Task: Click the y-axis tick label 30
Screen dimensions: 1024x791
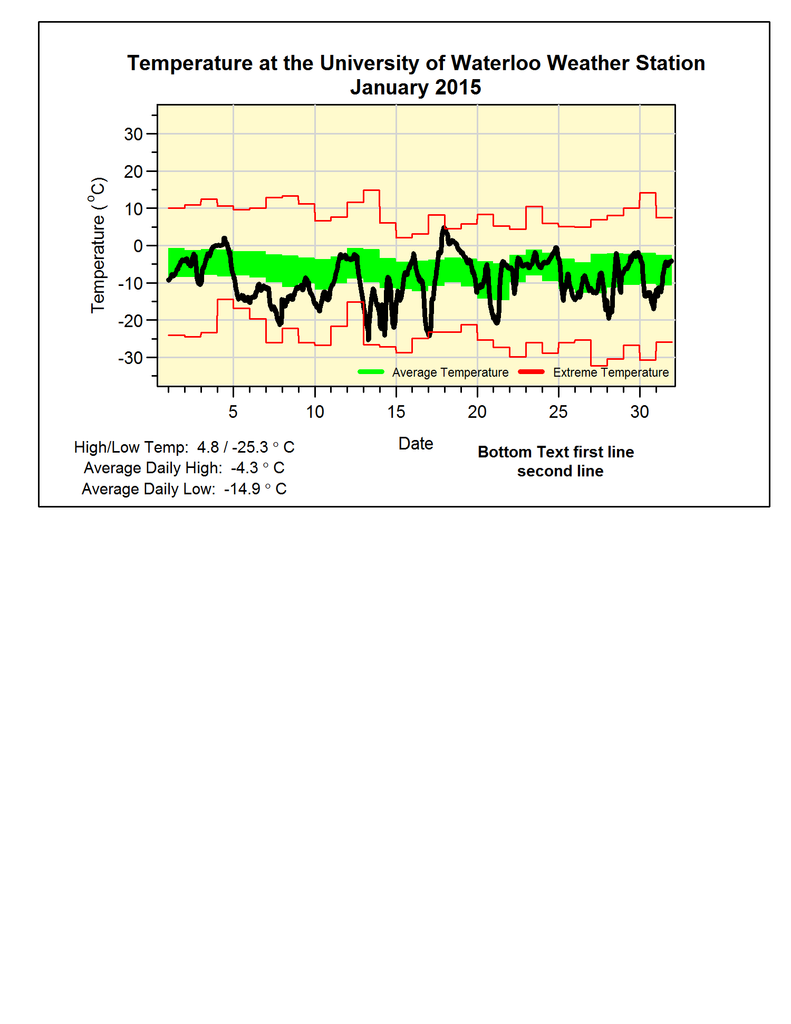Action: (x=133, y=134)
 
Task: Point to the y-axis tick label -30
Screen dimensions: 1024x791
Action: (x=130, y=358)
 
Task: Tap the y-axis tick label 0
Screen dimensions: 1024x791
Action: (x=138, y=246)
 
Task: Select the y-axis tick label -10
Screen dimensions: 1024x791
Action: (x=130, y=283)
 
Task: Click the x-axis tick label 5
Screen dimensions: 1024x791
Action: (x=233, y=412)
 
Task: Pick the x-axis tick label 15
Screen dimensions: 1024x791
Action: (x=396, y=412)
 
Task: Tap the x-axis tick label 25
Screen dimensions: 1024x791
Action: (x=558, y=412)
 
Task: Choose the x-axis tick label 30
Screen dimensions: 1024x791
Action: (x=640, y=412)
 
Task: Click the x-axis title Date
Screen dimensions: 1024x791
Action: (x=416, y=444)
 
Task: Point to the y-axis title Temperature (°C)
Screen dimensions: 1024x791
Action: (x=98, y=245)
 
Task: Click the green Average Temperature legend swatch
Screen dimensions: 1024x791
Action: (x=371, y=372)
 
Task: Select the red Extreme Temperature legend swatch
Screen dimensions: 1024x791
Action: (x=532, y=372)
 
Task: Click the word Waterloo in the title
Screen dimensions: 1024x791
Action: (x=496, y=63)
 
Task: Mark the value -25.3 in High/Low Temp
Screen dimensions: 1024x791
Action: (x=250, y=447)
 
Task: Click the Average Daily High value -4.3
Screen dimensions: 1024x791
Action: (x=244, y=468)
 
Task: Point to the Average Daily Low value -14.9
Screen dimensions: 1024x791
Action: (x=242, y=489)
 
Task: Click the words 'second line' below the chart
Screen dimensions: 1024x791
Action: (x=560, y=471)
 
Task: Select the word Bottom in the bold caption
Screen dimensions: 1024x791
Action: (x=505, y=452)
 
